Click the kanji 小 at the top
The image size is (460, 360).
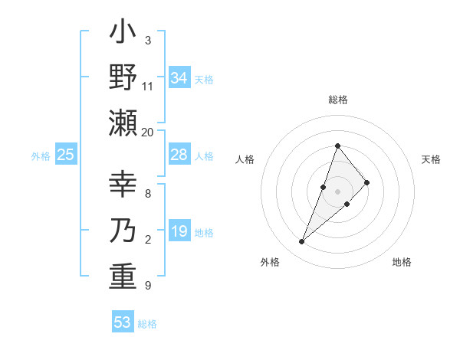123,34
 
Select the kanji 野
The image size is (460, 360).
123,78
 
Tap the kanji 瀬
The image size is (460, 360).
123,123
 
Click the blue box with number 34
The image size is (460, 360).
179,78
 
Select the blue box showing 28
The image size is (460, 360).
179,155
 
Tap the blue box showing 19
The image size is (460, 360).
179,231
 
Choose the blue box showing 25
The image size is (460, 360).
65,155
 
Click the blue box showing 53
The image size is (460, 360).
123,322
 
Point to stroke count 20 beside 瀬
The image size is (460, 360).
147,133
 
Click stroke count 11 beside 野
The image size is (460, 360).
148,87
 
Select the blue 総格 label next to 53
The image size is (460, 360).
147,324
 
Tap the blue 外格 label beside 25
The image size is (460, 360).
41,156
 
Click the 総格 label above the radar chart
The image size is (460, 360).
337,100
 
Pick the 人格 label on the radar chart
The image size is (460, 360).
245,159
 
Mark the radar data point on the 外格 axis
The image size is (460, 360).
301,242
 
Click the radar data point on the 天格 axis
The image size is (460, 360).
367,182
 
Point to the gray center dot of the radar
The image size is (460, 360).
337,191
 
